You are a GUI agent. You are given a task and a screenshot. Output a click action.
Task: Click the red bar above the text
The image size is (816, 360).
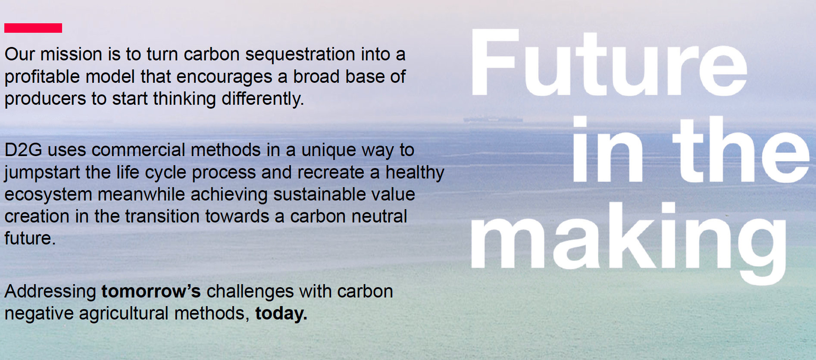point(33,28)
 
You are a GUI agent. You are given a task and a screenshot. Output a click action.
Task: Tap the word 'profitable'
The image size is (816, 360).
point(42,77)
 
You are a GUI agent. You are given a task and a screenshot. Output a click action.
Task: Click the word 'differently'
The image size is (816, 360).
point(263,99)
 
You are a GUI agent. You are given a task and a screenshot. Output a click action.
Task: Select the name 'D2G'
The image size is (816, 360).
point(23,150)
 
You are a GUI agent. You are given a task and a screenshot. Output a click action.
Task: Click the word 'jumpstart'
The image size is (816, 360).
point(42,173)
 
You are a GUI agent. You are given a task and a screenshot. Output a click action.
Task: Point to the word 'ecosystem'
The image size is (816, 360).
point(48,195)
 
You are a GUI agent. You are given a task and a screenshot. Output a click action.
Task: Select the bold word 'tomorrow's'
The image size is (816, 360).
point(151,291)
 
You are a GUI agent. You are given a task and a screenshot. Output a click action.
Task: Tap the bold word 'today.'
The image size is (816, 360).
point(281,313)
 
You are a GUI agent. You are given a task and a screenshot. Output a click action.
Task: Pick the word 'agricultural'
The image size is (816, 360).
point(124,314)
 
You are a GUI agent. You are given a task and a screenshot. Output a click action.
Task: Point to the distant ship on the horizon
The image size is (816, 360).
point(493,119)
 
